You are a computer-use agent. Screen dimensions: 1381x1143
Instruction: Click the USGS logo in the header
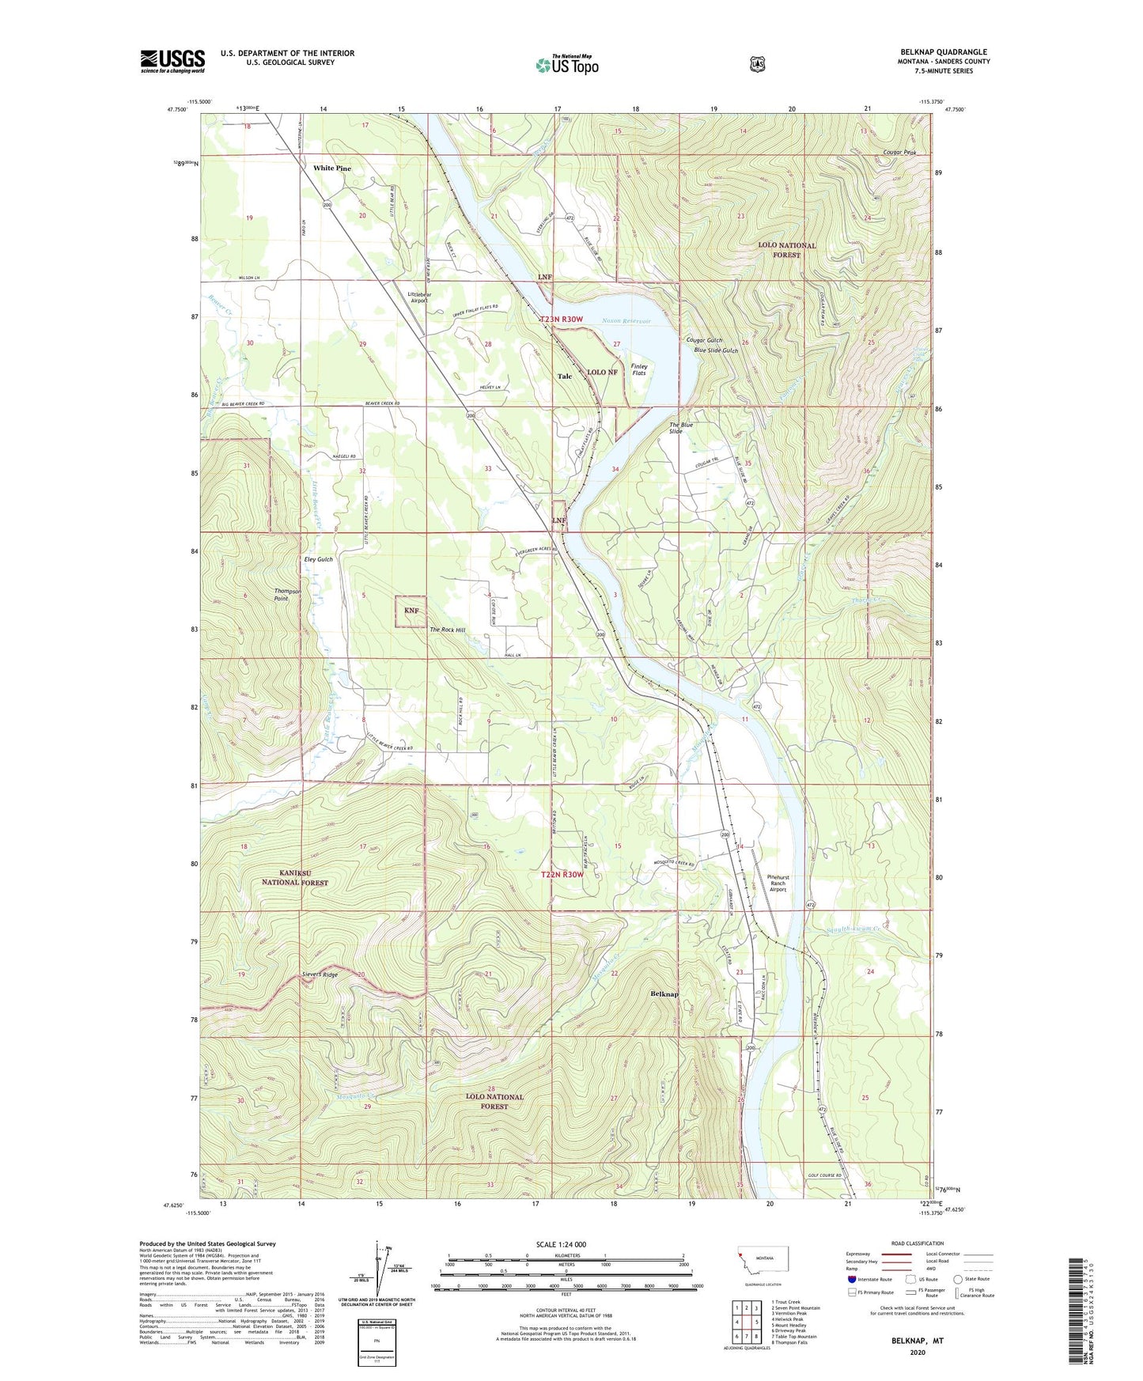click(x=172, y=61)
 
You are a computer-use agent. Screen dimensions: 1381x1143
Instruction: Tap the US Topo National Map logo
click(x=567, y=65)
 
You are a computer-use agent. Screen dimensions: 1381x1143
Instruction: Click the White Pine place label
click(x=331, y=168)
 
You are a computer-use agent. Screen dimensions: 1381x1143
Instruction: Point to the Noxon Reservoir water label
click(x=626, y=321)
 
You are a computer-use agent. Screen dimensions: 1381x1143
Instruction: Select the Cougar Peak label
click(x=899, y=153)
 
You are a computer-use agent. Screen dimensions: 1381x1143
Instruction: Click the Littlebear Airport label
click(x=418, y=297)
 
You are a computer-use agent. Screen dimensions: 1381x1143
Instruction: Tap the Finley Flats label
click(x=638, y=369)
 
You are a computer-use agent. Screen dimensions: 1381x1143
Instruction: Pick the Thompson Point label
click(x=287, y=595)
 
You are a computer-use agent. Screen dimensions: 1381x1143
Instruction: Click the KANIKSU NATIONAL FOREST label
click(x=292, y=877)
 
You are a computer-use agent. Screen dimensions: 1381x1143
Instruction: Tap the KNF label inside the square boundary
click(x=411, y=611)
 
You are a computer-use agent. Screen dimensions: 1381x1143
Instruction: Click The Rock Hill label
click(x=447, y=630)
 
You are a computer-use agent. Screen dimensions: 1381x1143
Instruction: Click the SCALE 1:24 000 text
click(x=561, y=1244)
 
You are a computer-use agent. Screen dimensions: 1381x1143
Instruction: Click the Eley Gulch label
click(x=319, y=559)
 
